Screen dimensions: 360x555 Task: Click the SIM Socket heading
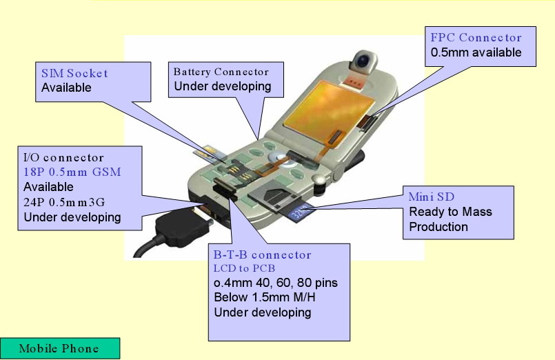pyautogui.click(x=74, y=73)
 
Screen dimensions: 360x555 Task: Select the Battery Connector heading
pyautogui.click(x=221, y=72)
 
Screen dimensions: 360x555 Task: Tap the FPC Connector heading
pyautogui.click(x=476, y=38)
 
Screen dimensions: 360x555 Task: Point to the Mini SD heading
pyautogui.click(x=432, y=197)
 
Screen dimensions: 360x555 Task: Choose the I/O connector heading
pyautogui.click(x=63, y=158)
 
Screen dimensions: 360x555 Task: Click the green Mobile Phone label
pyautogui.click(x=59, y=348)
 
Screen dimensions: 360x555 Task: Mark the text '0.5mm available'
pyautogui.click(x=476, y=52)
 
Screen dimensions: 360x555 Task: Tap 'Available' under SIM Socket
pyautogui.click(x=66, y=88)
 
